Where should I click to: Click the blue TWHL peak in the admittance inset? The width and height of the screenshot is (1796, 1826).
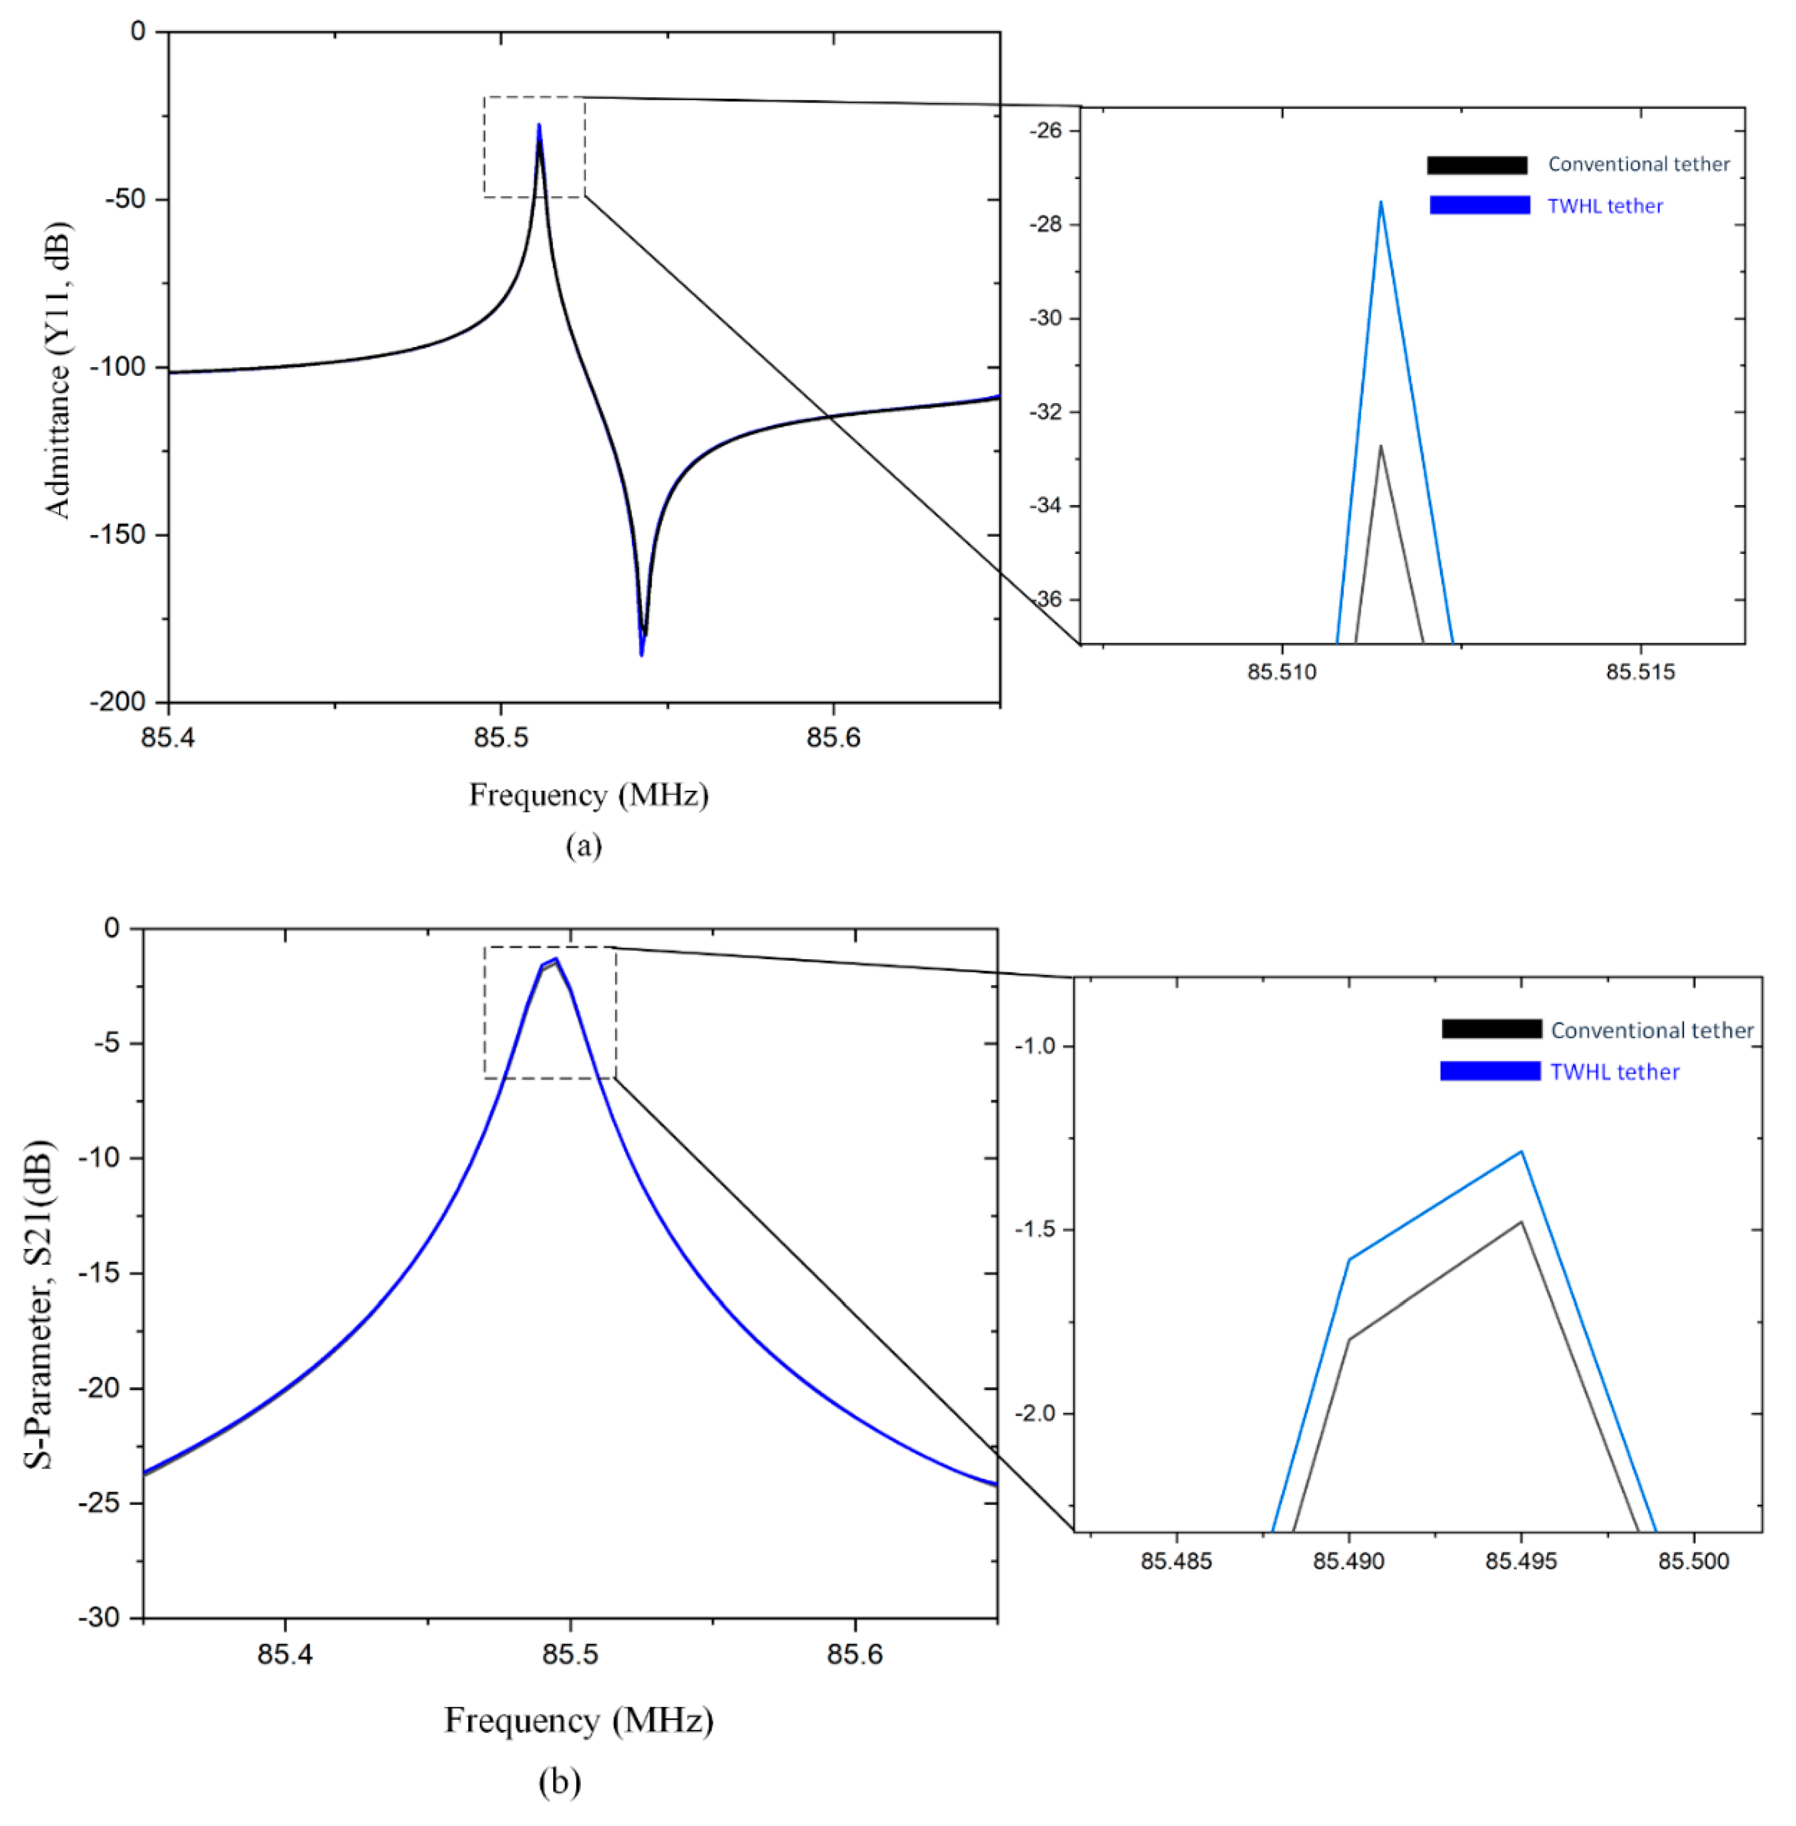click(1380, 203)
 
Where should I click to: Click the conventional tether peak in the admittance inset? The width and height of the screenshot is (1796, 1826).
click(1380, 446)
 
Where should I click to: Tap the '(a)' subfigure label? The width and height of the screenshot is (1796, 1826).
click(583, 845)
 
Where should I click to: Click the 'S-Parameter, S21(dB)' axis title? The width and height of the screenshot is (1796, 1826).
click(40, 1305)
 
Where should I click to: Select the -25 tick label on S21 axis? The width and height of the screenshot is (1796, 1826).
click(98, 1503)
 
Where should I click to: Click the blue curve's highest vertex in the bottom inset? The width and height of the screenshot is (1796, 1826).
click(1521, 1151)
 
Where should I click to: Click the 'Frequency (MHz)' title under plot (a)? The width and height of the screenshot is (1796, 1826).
click(589, 795)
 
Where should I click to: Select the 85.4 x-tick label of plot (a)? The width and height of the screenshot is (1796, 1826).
click(168, 737)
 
